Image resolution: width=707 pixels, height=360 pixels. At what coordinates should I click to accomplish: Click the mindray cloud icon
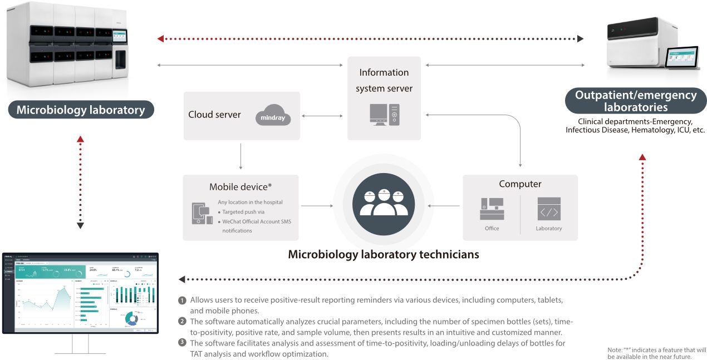(273, 115)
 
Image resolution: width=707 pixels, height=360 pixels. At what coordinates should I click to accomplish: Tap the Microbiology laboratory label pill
(81, 110)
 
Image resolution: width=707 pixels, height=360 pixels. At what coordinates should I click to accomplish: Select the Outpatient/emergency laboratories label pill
(635, 101)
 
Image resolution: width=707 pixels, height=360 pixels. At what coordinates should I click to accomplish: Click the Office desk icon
(492, 209)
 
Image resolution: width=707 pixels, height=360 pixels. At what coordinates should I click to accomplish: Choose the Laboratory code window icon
(548, 209)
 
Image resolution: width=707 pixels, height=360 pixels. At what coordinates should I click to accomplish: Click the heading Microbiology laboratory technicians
(383, 255)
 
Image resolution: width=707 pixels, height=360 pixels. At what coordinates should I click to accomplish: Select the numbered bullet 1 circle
(182, 300)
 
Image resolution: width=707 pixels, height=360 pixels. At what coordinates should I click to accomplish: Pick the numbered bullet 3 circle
(182, 343)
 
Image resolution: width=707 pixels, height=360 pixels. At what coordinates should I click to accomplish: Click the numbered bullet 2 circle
(182, 322)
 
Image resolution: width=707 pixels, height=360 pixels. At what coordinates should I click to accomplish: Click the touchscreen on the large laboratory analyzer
(120, 37)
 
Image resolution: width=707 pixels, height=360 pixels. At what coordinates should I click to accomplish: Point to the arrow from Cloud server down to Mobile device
(240, 156)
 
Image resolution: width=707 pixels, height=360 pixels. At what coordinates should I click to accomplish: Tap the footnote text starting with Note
(656, 353)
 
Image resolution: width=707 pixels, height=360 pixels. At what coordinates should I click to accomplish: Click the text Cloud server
(214, 115)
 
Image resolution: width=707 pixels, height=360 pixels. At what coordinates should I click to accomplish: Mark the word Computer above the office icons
(520, 184)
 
